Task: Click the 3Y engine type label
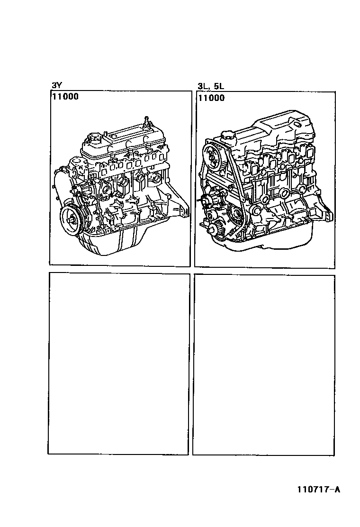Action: [x=56, y=86]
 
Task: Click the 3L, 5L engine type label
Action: [x=211, y=86]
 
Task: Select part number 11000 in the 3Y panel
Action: [x=65, y=97]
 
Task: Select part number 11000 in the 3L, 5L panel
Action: [x=211, y=98]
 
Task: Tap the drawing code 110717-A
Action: [x=319, y=490]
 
